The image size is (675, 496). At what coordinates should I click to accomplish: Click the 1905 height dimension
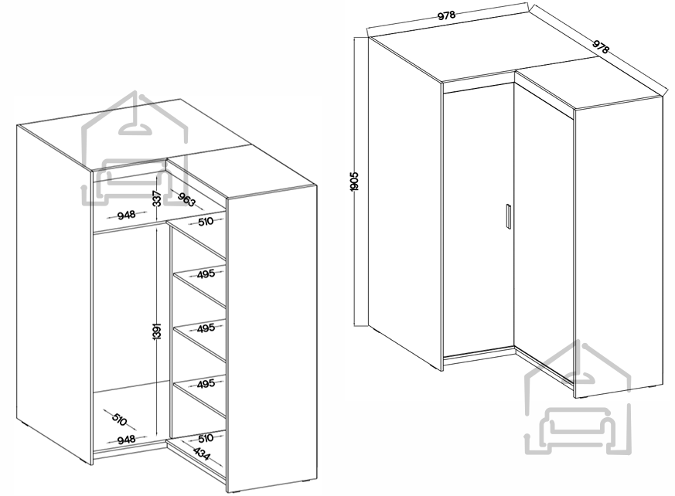pyautogui.click(x=354, y=182)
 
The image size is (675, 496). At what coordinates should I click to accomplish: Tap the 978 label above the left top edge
pyautogui.click(x=446, y=15)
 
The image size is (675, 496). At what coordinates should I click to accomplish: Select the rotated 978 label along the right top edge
pyautogui.click(x=601, y=46)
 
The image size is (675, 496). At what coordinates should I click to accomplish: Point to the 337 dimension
pyautogui.click(x=158, y=199)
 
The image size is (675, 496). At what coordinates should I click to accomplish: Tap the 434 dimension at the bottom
pyautogui.click(x=202, y=454)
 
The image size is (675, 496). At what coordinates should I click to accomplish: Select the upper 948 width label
pyautogui.click(x=126, y=214)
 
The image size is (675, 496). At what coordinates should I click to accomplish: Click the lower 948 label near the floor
pyautogui.click(x=126, y=440)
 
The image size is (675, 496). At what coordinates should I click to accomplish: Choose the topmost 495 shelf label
pyautogui.click(x=206, y=273)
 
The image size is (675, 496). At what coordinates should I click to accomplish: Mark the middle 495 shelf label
pyautogui.click(x=206, y=328)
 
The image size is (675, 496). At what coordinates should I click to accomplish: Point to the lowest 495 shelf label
pyautogui.click(x=206, y=383)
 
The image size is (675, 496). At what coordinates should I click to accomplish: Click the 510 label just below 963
pyautogui.click(x=206, y=222)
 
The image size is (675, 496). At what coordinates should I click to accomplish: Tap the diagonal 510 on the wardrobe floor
pyautogui.click(x=119, y=419)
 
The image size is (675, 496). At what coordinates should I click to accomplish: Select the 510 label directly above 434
pyautogui.click(x=206, y=438)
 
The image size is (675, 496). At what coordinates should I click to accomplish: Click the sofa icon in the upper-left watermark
pyautogui.click(x=135, y=180)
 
